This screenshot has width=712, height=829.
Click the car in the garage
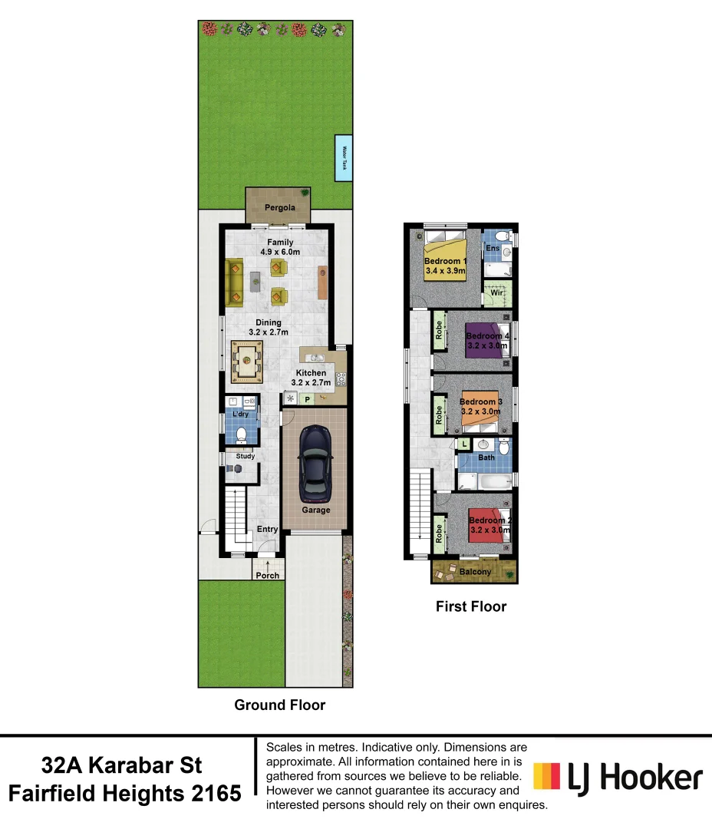click(x=315, y=461)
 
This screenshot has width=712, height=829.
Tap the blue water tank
click(x=344, y=158)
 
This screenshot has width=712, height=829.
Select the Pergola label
click(x=279, y=208)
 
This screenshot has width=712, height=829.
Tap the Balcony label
click(x=475, y=572)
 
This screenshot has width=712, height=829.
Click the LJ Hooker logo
click(x=618, y=777)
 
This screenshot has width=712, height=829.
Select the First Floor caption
click(x=471, y=606)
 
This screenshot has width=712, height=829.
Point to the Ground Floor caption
click(x=279, y=705)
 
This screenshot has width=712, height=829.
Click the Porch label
click(x=267, y=576)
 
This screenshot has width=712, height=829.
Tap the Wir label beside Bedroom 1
click(x=496, y=293)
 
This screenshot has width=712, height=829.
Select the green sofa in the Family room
click(x=235, y=282)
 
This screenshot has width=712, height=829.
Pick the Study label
click(x=245, y=457)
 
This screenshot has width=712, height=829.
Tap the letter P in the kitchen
click(x=307, y=398)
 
